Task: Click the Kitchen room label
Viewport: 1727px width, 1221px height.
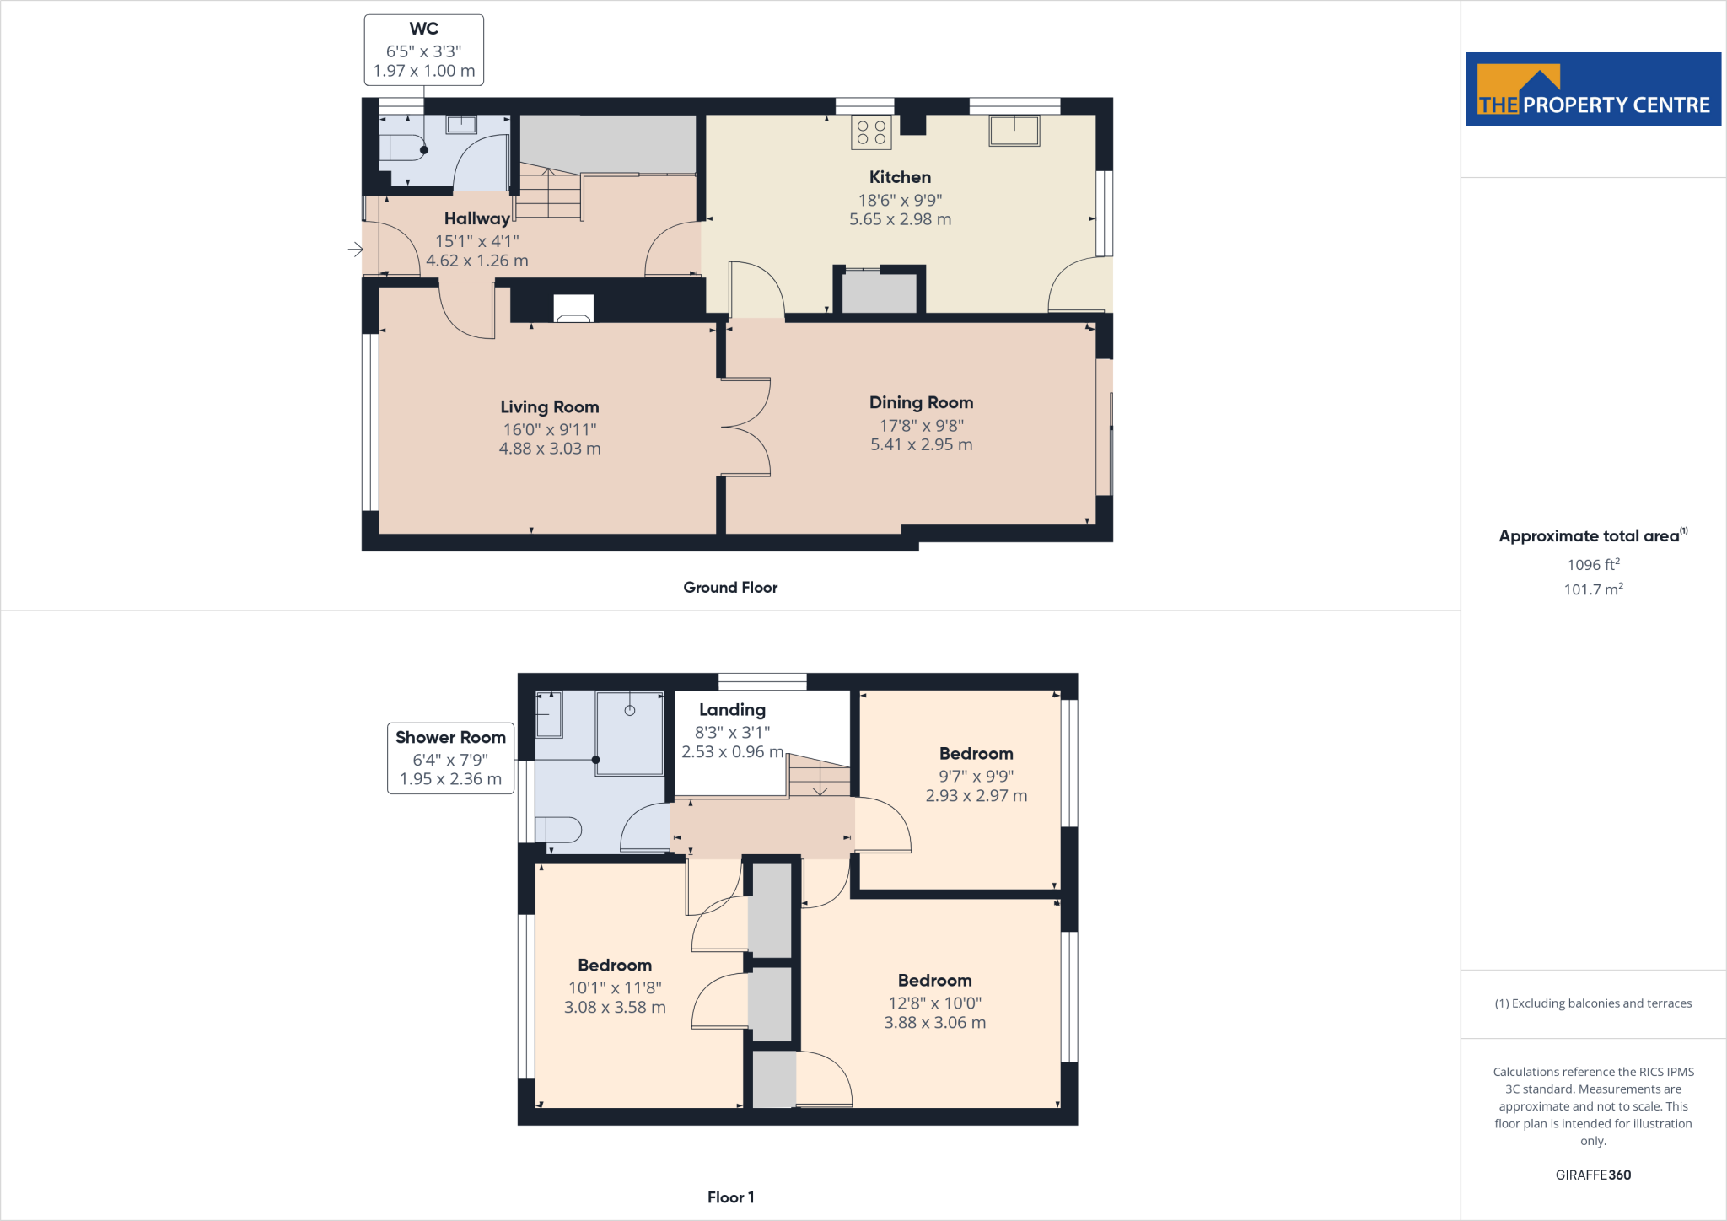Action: click(900, 177)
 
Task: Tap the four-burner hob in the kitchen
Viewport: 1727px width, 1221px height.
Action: click(871, 132)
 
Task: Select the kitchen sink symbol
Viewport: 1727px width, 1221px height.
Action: click(1014, 131)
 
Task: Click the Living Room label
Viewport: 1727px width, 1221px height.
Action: click(549, 407)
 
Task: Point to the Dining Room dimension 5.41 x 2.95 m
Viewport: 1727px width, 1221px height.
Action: click(921, 444)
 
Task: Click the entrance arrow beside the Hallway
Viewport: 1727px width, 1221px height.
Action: click(355, 249)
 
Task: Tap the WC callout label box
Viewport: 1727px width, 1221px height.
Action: click(423, 50)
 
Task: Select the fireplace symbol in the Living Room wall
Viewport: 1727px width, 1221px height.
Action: click(573, 309)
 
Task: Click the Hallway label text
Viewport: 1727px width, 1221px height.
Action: click(476, 219)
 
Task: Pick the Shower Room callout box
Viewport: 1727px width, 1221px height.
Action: click(450, 758)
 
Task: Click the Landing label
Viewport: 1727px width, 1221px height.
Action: click(732, 710)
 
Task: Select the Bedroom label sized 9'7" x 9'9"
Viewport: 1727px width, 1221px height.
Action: click(976, 754)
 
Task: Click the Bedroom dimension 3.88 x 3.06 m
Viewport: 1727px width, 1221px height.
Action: click(934, 1023)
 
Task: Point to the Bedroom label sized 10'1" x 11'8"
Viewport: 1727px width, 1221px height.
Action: click(615, 966)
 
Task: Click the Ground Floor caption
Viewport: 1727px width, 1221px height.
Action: click(730, 588)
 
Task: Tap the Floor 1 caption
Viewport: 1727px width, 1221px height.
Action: click(730, 1197)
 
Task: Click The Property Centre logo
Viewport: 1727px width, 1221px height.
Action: click(1593, 89)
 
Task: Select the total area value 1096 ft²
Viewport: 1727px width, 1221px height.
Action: click(1593, 565)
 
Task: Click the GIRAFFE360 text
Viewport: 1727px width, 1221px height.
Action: click(1593, 1175)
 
